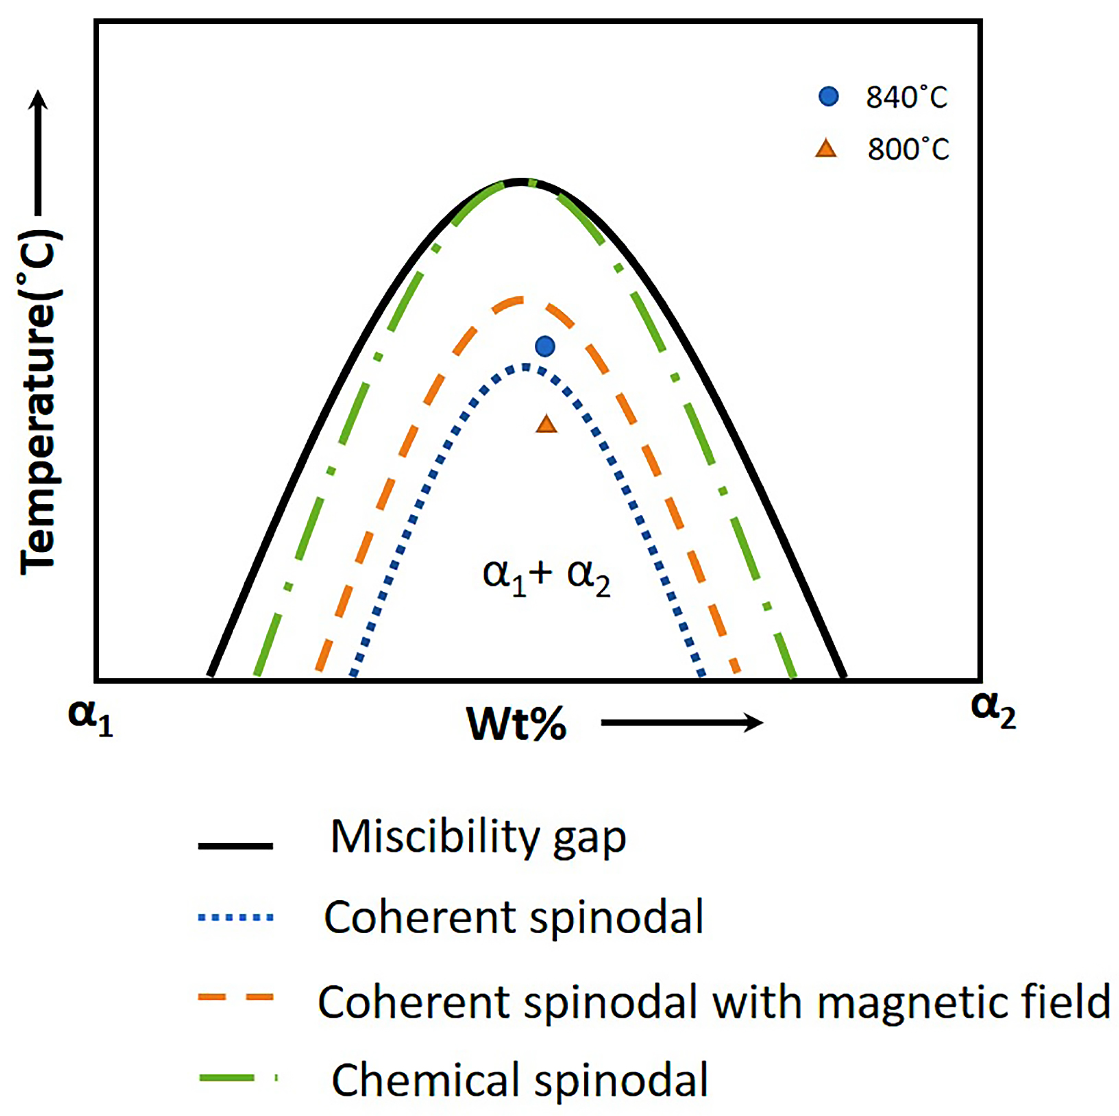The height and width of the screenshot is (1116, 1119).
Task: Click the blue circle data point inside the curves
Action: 545,346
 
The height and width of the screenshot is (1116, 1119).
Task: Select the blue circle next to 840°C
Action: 828,96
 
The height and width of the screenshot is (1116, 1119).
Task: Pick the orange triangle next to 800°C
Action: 826,149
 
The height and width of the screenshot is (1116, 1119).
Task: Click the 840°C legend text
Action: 906,97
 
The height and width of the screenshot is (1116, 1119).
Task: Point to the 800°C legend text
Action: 908,149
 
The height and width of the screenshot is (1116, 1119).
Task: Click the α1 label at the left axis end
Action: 90,718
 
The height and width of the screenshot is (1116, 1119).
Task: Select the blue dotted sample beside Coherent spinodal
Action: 235,917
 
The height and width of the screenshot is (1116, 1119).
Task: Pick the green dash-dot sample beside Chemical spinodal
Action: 238,1078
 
